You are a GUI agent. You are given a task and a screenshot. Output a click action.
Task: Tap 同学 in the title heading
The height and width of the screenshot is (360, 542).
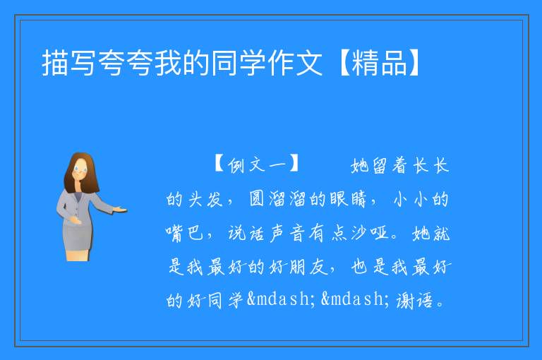pyautogui.click(x=238, y=63)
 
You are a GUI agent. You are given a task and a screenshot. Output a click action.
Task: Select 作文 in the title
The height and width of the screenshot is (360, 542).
pyautogui.click(x=294, y=63)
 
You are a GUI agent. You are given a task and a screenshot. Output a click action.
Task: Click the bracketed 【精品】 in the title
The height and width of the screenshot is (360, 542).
pyautogui.click(x=379, y=63)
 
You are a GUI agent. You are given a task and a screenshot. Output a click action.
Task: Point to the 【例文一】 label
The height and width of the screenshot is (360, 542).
pyautogui.click(x=256, y=164)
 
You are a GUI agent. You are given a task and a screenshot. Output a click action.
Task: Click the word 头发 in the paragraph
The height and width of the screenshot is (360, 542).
pyautogui.click(x=205, y=199)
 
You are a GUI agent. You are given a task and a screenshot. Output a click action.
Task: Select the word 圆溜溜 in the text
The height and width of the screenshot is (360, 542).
pyautogui.click(x=278, y=199)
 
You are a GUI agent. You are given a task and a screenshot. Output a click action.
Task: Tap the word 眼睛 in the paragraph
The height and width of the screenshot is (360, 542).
pyautogui.click(x=348, y=199)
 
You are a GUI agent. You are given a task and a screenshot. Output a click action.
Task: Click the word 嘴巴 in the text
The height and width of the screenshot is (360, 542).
pyautogui.click(x=184, y=233)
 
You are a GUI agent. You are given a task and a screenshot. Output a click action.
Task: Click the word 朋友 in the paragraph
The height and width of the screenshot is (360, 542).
pyautogui.click(x=308, y=267)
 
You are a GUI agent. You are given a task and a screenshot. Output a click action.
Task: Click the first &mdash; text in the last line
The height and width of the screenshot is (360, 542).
pyautogui.click(x=282, y=299)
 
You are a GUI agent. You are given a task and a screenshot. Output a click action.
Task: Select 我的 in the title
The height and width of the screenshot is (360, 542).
pyautogui.click(x=181, y=63)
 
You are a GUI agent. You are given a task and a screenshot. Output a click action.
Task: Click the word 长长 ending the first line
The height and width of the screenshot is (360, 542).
pyautogui.click(x=431, y=165)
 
